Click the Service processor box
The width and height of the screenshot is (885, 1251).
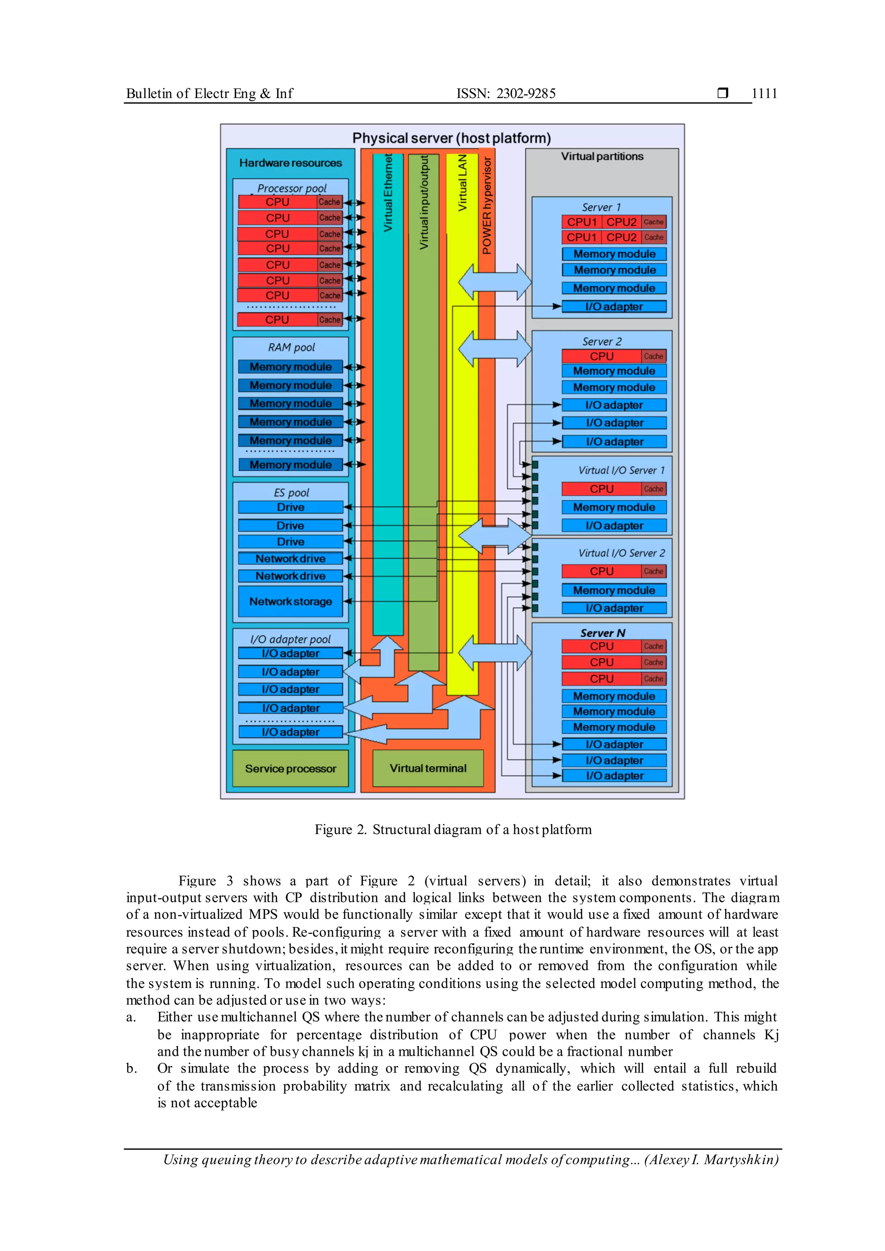click(x=290, y=768)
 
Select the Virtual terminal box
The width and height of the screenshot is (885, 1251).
click(x=428, y=768)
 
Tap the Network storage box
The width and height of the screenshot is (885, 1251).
click(x=290, y=602)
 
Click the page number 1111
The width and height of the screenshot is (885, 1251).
click(x=764, y=94)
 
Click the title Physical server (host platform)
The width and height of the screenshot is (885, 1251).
click(x=451, y=138)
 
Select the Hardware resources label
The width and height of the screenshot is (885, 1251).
click(x=290, y=163)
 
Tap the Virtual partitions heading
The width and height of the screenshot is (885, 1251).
click(x=602, y=156)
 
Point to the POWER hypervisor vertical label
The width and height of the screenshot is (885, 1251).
click(x=487, y=206)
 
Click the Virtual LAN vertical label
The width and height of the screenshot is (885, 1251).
click(x=463, y=183)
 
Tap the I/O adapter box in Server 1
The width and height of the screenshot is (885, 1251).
click(x=614, y=307)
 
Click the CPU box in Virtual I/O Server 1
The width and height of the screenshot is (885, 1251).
click(x=601, y=489)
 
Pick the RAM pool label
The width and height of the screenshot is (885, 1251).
click(x=291, y=347)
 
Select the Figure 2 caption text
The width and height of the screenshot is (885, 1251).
click(x=453, y=829)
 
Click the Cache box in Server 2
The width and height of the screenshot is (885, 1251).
click(x=653, y=356)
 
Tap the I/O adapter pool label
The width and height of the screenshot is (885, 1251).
click(x=290, y=639)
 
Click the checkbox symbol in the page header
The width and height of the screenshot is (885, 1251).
click(x=723, y=93)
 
